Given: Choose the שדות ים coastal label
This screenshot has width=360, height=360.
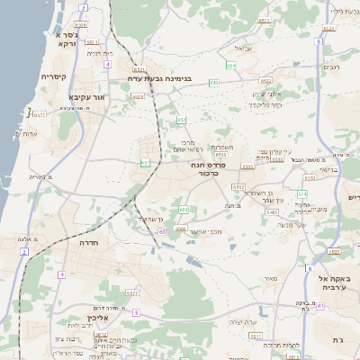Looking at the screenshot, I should tap(26, 133).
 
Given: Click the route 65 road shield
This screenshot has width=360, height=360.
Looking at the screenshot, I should tap(163, 231).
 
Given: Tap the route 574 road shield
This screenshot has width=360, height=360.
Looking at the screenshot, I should tap(302, 194).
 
